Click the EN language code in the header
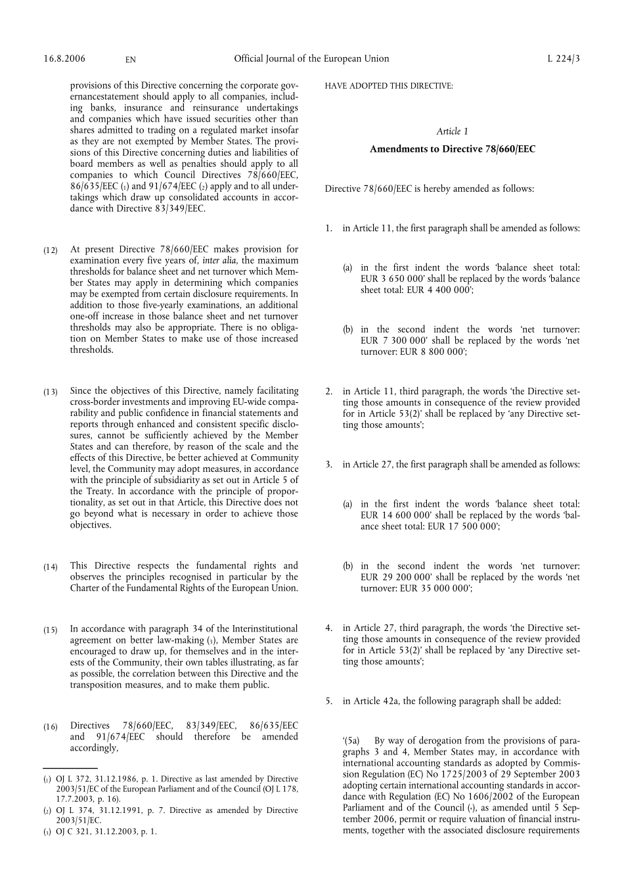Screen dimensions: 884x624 (x=130, y=60)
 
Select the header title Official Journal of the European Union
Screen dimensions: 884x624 (x=311, y=58)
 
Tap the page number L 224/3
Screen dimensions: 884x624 (x=564, y=58)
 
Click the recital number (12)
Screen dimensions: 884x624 (x=51, y=250)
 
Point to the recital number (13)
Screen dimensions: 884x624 (x=51, y=392)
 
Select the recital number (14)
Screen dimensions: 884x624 (x=51, y=567)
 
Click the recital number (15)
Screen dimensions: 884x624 (x=51, y=630)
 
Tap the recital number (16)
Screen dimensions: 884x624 (x=51, y=726)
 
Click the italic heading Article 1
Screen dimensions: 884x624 (x=452, y=131)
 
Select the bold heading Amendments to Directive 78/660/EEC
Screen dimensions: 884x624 (x=452, y=149)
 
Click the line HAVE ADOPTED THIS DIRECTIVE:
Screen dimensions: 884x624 (x=388, y=86)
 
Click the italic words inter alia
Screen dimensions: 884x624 (x=221, y=261)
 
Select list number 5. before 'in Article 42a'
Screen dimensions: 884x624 (x=329, y=701)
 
